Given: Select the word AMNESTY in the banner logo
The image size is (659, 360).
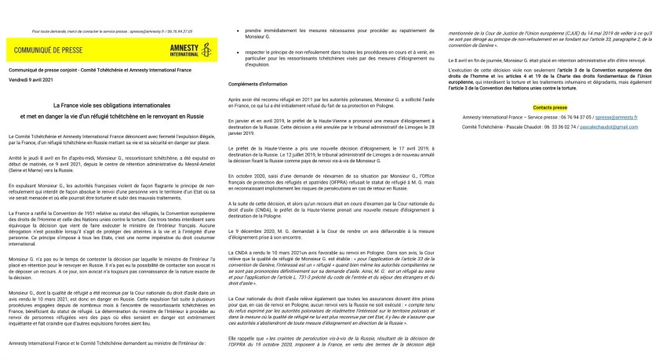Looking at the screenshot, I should click(x=181, y=48).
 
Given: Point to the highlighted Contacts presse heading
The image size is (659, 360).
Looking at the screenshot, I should click(x=549, y=104).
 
